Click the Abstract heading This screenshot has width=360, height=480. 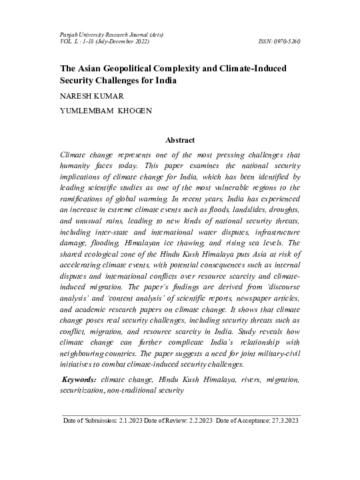[180, 140]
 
